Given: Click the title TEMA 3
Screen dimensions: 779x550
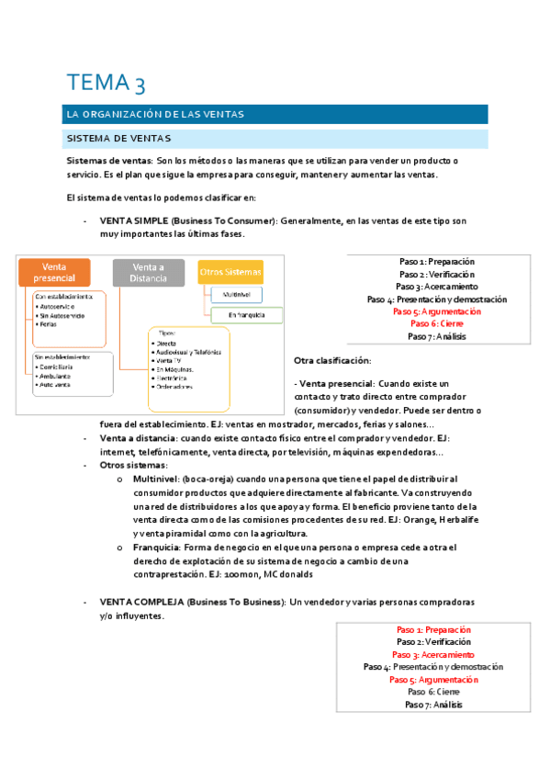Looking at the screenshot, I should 106,84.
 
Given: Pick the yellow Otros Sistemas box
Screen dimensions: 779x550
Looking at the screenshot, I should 230,272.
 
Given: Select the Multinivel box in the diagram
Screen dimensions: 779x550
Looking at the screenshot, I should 238,295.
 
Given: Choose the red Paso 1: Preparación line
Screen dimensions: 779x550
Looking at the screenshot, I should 434,629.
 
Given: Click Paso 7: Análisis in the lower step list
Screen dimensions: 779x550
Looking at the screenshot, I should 434,705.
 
